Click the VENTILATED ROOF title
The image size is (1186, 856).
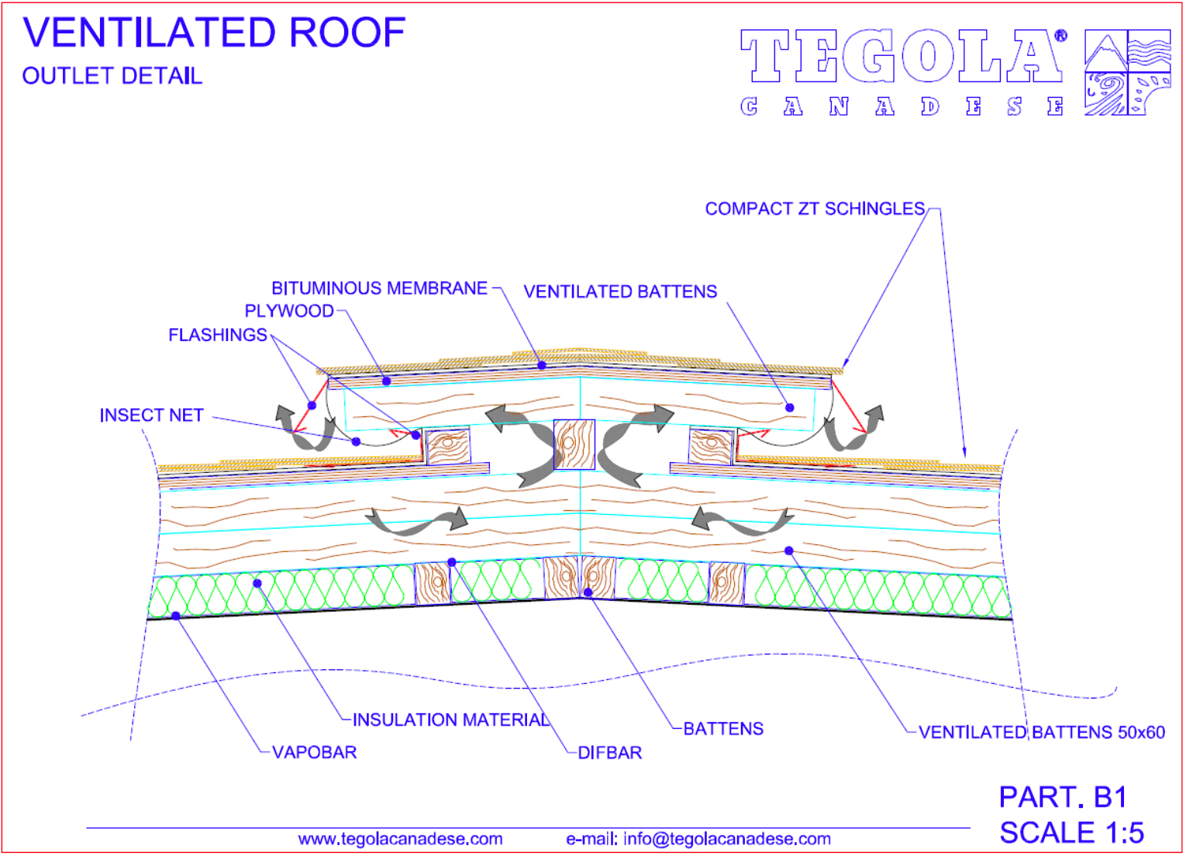coord(214,33)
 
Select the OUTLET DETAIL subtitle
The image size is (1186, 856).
coord(112,76)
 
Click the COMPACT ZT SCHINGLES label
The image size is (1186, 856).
coord(815,209)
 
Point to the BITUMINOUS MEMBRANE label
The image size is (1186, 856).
coord(379,288)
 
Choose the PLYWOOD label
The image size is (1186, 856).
coord(289,311)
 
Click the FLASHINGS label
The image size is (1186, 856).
coord(218,335)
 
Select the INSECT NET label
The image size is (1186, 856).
coord(151,416)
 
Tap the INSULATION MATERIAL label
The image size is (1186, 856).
coord(451,720)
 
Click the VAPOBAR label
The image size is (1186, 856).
coord(315,752)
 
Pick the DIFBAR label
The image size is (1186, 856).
coord(610,753)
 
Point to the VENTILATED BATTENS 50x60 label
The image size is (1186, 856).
coord(1042,732)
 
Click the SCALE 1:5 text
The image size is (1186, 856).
coord(1071,832)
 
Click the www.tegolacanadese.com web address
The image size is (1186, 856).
coord(400,839)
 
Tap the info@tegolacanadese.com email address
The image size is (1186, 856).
coord(727,839)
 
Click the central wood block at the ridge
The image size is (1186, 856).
coord(574,444)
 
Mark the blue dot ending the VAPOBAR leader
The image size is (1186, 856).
coord(176,616)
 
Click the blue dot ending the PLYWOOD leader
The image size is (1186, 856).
coord(387,381)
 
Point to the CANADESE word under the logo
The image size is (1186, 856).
coord(902,106)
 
